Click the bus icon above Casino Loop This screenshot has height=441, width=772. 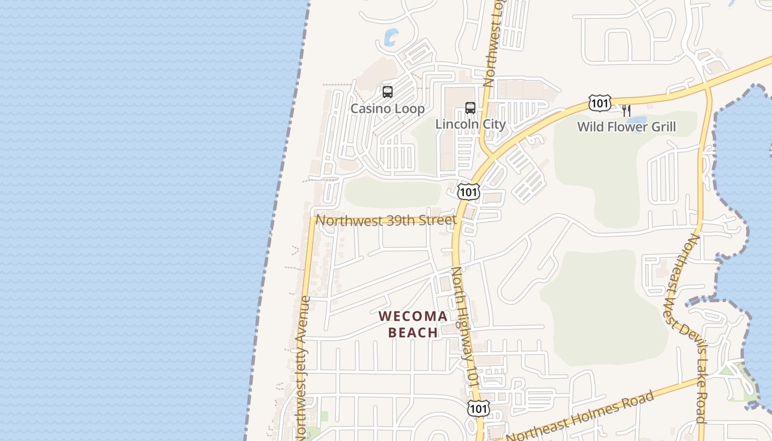pos(388,92)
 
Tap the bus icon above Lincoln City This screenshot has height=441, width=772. pos(470,108)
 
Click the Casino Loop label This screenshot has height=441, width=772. pos(388,109)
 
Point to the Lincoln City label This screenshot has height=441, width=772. pos(470,124)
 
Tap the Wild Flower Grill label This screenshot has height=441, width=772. pos(626,127)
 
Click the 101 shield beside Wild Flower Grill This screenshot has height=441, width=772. pos(599,103)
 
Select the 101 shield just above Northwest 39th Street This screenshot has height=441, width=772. pos(469,192)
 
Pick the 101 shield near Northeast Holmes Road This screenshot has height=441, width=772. pos(478,408)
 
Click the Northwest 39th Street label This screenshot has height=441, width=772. pos(386,220)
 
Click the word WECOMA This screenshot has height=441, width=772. pos(413,316)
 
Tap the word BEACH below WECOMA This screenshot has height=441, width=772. pos(413,332)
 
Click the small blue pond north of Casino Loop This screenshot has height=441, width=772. pos(391,37)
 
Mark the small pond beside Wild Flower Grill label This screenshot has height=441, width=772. pos(638,121)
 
